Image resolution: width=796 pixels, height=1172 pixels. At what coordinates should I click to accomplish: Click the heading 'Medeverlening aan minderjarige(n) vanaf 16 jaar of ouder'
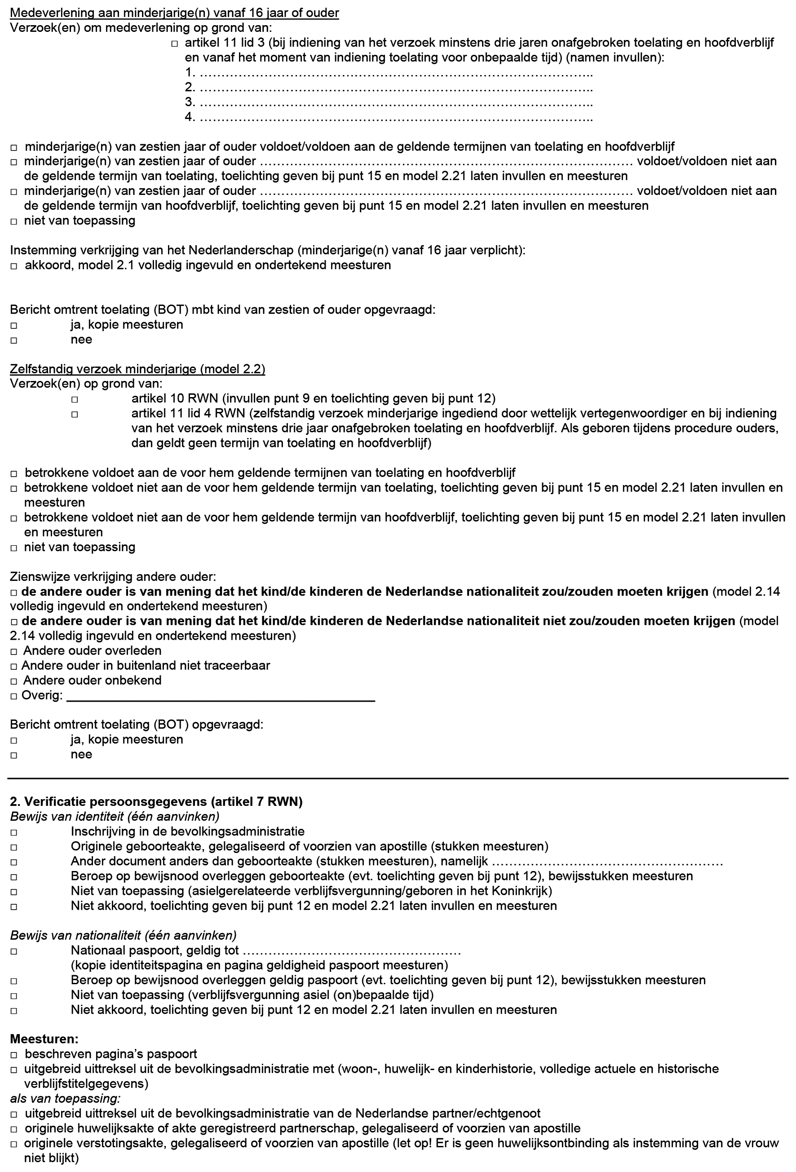(174, 13)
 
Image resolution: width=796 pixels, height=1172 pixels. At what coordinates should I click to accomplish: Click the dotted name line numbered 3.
(396, 102)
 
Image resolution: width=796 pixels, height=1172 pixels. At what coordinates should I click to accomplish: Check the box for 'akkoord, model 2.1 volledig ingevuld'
(14, 266)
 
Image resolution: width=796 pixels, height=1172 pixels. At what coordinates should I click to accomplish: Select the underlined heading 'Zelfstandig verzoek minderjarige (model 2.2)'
(137, 369)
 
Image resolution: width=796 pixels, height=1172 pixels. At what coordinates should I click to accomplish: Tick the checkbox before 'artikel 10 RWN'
(75, 399)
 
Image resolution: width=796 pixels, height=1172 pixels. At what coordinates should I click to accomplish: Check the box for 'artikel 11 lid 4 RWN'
(75, 415)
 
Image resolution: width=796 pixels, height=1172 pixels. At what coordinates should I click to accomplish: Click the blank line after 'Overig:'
(221, 696)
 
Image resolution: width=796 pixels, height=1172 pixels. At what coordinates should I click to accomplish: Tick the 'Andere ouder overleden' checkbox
(14, 651)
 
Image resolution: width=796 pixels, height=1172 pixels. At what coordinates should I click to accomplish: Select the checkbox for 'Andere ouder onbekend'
(14, 681)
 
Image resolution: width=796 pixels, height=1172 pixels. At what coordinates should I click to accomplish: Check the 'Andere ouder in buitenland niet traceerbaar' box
(14, 667)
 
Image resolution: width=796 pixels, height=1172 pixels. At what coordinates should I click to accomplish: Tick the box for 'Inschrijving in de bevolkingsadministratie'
(14, 832)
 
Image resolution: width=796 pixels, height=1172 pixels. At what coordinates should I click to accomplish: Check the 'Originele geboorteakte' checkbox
(14, 847)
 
